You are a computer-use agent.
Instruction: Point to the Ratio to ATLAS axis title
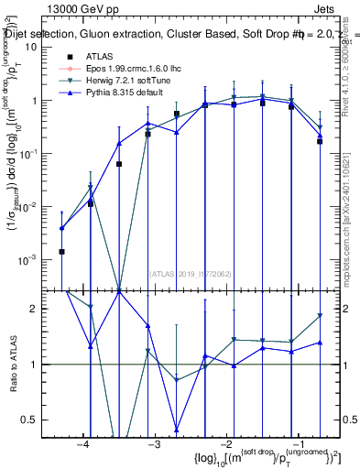point(12,364)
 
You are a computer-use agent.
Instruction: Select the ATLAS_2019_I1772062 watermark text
point(189,273)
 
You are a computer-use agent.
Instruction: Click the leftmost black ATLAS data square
point(61,251)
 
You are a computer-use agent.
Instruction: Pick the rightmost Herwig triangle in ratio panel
point(320,316)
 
